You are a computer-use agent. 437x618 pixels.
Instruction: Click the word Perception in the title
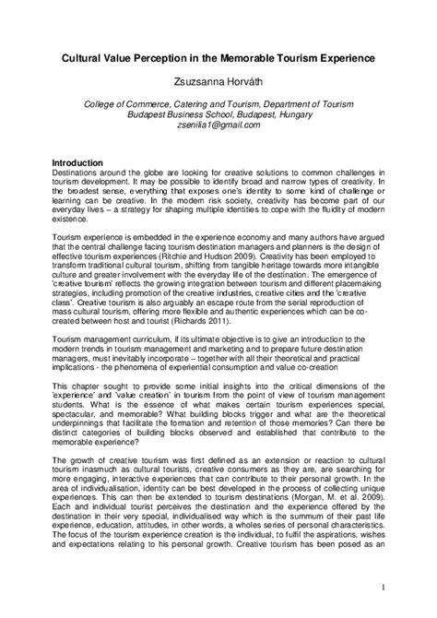pos(163,57)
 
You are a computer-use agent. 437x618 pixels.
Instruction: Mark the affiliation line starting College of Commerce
pos(218,105)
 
